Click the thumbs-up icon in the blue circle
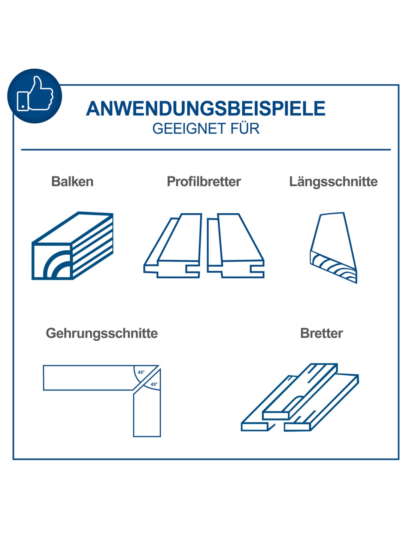coord(35,93)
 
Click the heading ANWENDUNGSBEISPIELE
coord(206,108)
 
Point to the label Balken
coord(72,181)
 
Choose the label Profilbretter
coord(204,181)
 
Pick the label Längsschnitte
coord(333,181)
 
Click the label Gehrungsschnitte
coord(102,333)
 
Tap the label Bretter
coord(322,333)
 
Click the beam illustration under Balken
coord(72,246)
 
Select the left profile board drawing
coord(173,246)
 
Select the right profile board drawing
coord(236,246)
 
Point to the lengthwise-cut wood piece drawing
coord(334,248)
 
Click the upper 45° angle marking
coord(141,372)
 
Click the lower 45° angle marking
coord(154,384)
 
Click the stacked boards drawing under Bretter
coord(300,397)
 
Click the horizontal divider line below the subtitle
coord(206,150)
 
